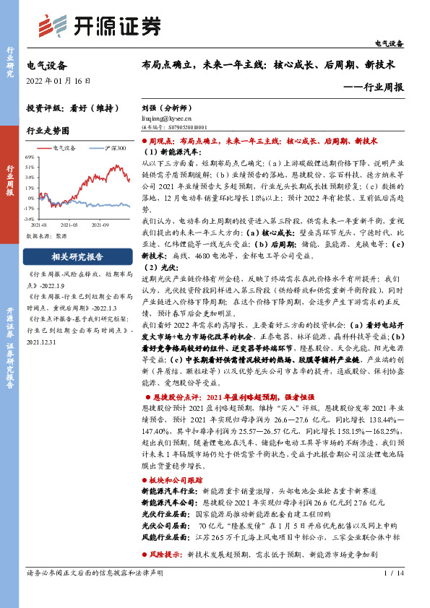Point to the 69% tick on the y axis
click(30, 156)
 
